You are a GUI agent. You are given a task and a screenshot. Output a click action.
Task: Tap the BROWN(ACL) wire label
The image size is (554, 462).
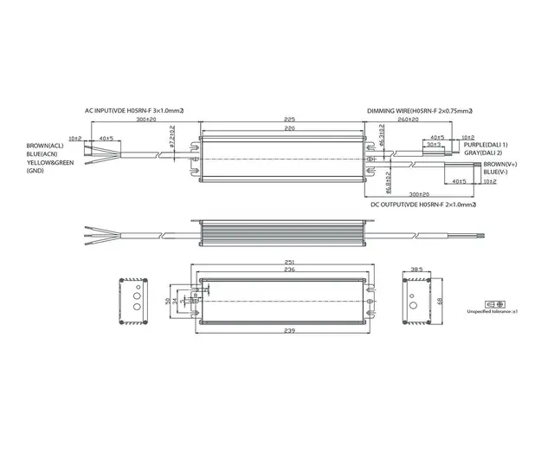[45, 145]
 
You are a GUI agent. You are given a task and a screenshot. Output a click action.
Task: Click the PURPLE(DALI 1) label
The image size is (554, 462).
[486, 145]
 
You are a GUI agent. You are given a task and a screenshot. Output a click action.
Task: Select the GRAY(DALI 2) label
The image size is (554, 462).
[483, 153]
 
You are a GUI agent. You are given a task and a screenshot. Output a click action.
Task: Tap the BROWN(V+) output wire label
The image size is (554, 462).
[502, 164]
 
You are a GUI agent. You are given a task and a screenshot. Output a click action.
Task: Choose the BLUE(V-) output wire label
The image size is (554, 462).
[499, 172]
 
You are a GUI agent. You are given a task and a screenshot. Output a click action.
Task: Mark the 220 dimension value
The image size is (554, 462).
[290, 128]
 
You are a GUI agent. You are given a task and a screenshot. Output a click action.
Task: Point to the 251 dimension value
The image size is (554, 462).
[289, 261]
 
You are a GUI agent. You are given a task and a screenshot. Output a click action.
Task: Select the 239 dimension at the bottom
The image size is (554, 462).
[289, 331]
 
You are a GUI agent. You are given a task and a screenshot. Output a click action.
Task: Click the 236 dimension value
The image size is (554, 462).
[289, 270]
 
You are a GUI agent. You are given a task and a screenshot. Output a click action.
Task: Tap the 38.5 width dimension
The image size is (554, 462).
[417, 270]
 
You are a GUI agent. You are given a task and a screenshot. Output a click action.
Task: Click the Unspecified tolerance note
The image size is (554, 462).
[491, 310]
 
